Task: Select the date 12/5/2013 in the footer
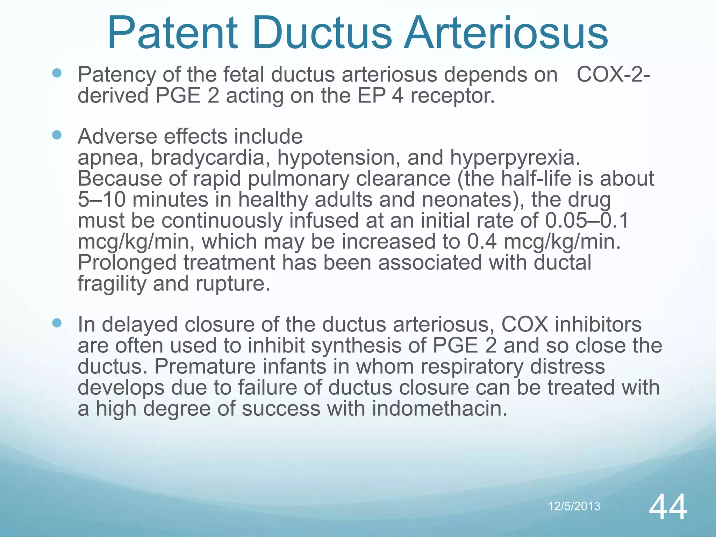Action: tap(574, 506)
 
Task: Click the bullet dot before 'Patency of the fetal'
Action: tap(57, 73)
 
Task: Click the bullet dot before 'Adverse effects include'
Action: tap(57, 135)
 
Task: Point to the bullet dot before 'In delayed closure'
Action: tap(57, 323)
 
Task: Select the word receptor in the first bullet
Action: tap(452, 96)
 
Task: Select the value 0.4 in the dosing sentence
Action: tap(482, 242)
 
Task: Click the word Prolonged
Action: tap(127, 263)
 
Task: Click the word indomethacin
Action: tap(439, 409)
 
